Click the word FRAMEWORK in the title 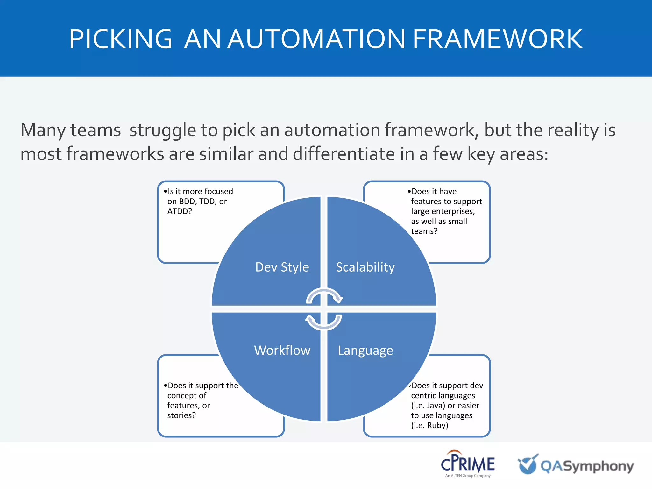tap(497, 39)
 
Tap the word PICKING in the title tap(121, 39)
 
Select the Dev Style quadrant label tap(282, 267)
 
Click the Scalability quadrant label tap(365, 267)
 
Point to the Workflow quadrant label tap(282, 350)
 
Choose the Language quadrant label tap(365, 351)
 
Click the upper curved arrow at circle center tap(324, 295)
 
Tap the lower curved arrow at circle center tap(324, 322)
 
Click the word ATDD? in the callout tap(180, 211)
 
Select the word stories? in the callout tap(181, 415)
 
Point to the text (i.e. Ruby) tap(429, 425)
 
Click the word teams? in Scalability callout tap(424, 231)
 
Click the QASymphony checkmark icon tap(528, 464)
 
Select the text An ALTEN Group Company tap(468, 476)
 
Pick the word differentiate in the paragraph tap(344, 154)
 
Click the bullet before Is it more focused tap(165, 191)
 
